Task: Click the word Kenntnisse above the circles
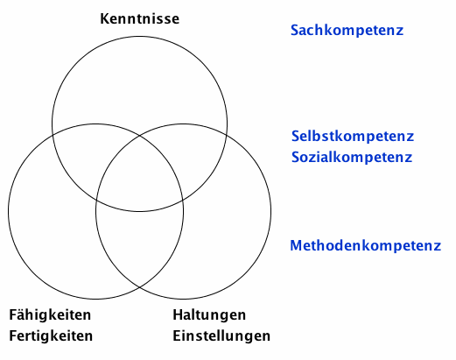pyautogui.click(x=140, y=18)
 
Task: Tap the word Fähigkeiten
pyautogui.click(x=50, y=315)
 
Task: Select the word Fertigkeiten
pyautogui.click(x=51, y=335)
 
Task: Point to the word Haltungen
pyautogui.click(x=209, y=315)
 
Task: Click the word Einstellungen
pyautogui.click(x=221, y=336)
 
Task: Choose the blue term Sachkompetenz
pyautogui.click(x=347, y=31)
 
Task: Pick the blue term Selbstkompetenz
pyautogui.click(x=353, y=136)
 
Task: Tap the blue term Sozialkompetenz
pyautogui.click(x=352, y=158)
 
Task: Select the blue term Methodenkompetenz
pyautogui.click(x=366, y=245)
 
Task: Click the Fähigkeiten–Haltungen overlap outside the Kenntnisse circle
pyautogui.click(x=139, y=243)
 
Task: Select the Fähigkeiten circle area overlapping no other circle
pyautogui.click(x=50, y=228)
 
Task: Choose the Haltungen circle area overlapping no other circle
pyautogui.click(x=230, y=228)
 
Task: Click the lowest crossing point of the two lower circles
pyautogui.click(x=139, y=287)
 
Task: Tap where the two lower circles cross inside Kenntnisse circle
pyautogui.click(x=139, y=136)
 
